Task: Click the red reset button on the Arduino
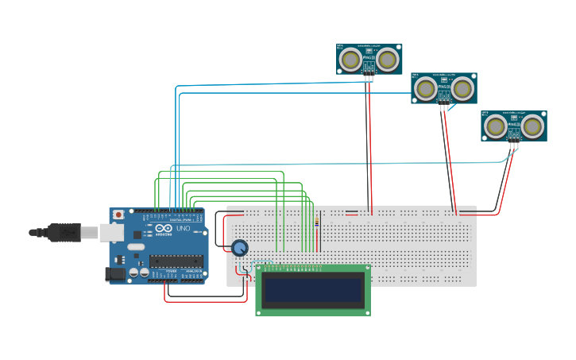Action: (118, 215)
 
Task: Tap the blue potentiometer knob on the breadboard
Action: (239, 248)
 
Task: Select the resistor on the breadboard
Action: (318, 222)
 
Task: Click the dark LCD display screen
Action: (313, 290)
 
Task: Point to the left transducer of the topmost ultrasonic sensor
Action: (350, 59)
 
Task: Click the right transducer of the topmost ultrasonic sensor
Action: (387, 59)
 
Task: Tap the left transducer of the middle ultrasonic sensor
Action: (425, 88)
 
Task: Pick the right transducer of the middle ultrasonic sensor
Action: (462, 88)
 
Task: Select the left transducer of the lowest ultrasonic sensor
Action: (495, 126)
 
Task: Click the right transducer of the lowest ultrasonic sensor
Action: (532, 126)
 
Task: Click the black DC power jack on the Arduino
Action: (114, 274)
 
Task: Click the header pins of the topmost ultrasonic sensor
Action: (369, 72)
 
